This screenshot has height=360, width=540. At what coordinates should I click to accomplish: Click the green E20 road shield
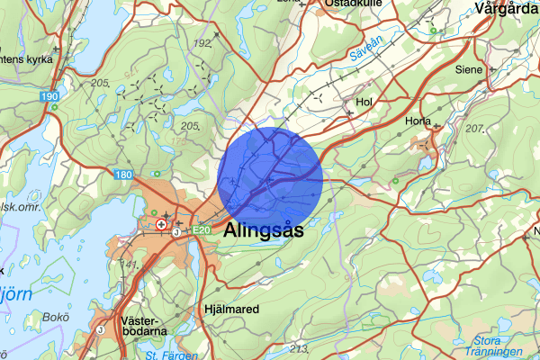click(202, 230)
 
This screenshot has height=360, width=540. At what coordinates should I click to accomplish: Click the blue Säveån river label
click(366, 56)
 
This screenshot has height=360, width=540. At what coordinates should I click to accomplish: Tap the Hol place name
click(364, 103)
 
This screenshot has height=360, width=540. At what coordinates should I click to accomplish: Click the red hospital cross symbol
click(161, 224)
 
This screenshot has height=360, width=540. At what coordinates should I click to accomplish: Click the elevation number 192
click(202, 42)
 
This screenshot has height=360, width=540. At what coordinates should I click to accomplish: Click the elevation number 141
click(132, 264)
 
